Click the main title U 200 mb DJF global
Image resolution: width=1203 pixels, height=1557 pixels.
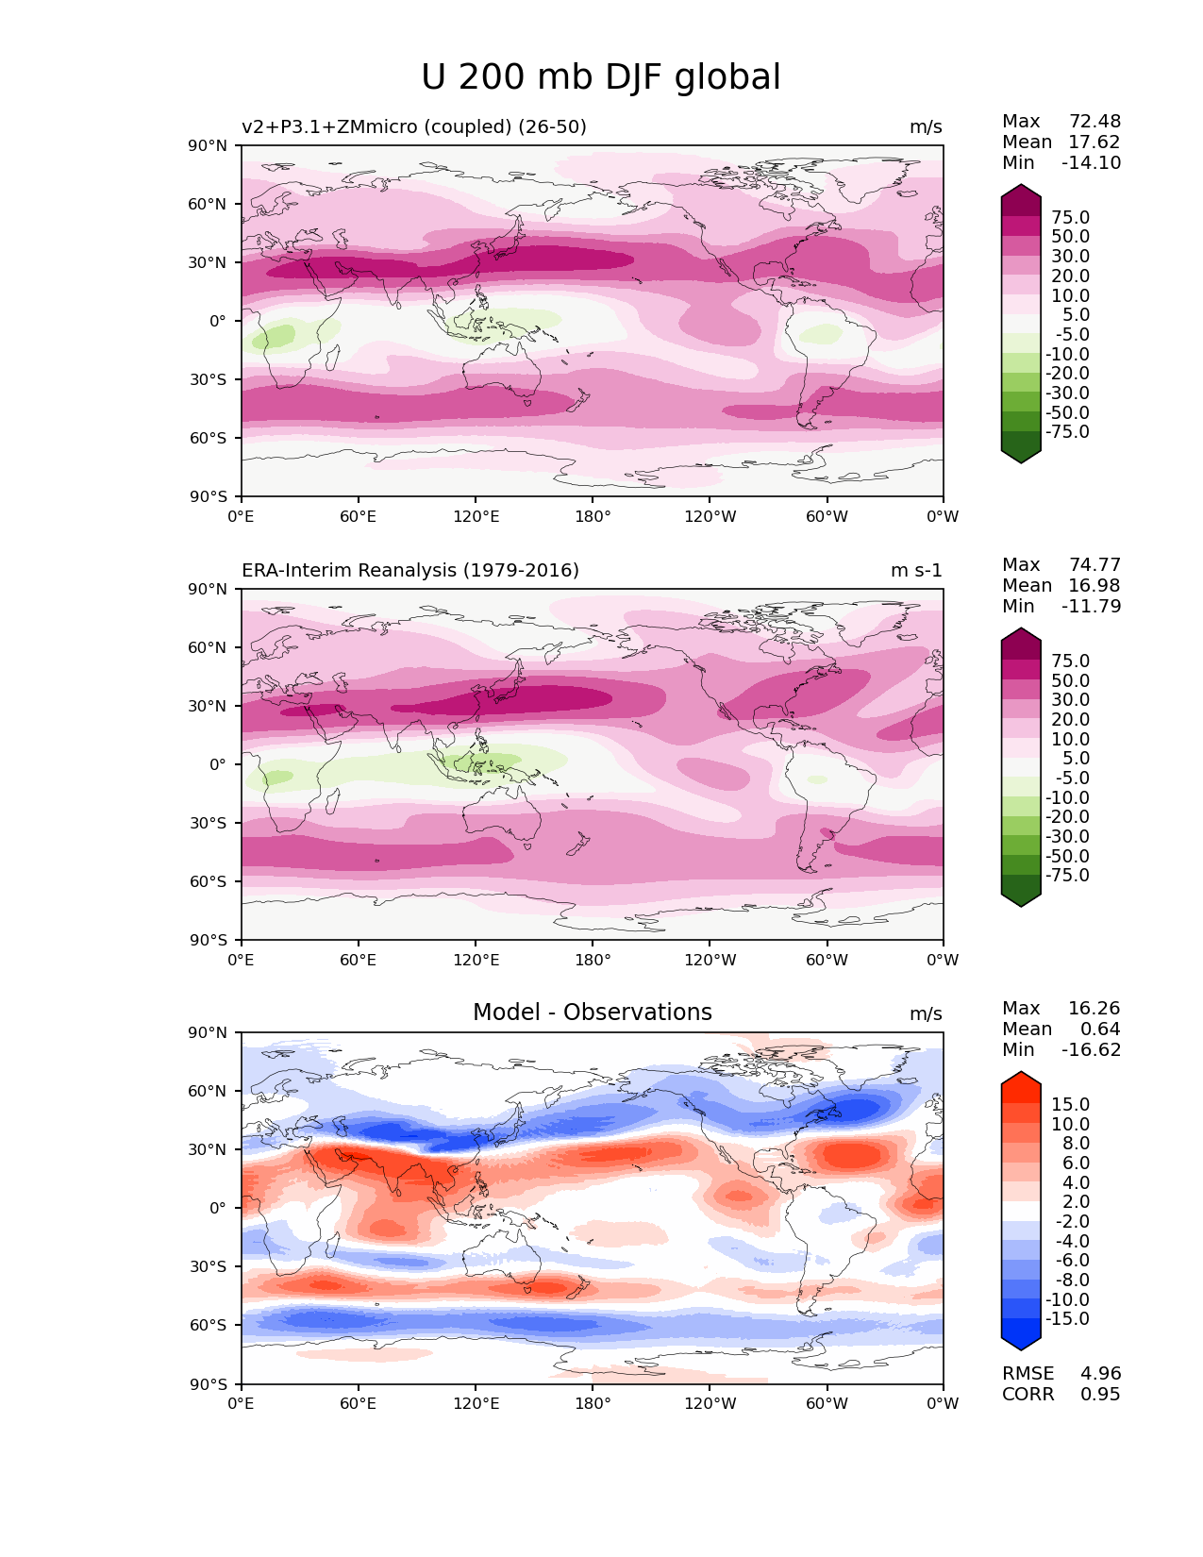601,77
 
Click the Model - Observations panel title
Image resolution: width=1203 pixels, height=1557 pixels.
592,1013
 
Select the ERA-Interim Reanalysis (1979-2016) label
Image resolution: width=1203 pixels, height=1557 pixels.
410,570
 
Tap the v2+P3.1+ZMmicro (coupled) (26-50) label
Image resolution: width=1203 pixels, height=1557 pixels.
414,126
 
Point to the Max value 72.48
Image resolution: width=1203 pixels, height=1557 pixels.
1094,121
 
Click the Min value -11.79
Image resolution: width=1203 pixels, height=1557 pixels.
1091,606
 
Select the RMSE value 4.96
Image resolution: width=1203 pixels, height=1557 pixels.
1100,1373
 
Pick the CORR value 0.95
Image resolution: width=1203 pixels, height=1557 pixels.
1100,1394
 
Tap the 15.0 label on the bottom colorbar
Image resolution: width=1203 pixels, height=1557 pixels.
1070,1104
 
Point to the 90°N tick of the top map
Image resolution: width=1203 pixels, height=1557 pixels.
209,145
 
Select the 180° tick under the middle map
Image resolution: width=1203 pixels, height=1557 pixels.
593,960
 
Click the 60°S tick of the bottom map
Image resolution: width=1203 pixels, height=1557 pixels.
209,1325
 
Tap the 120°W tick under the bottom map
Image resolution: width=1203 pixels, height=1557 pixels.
710,1403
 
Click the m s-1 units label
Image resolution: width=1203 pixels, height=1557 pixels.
916,570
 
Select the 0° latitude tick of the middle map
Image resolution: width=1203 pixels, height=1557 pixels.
217,763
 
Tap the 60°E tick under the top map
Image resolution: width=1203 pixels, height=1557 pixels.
359,516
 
